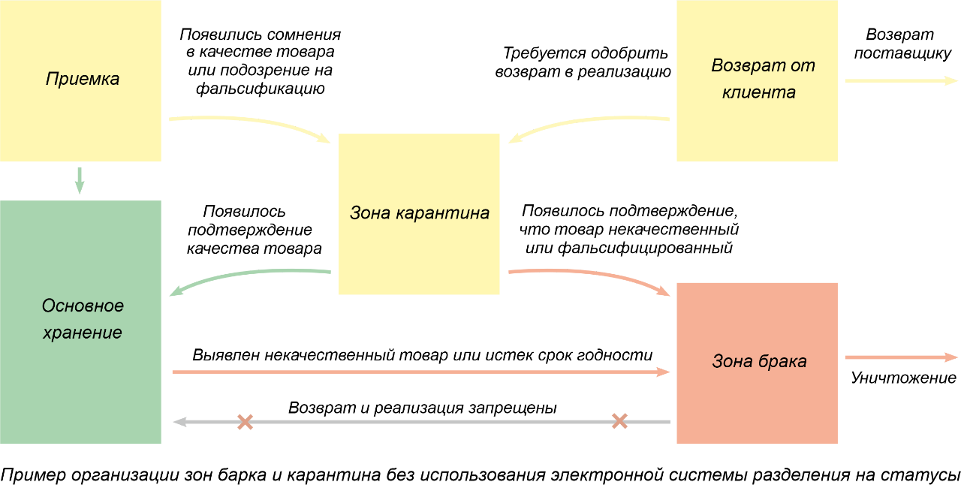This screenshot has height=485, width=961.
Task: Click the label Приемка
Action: pyautogui.click(x=83, y=79)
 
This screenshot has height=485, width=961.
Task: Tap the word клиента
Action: pyautogui.click(x=758, y=93)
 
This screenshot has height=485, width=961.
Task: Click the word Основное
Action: pyautogui.click(x=83, y=306)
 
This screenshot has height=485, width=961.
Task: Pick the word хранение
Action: pyautogui.click(x=83, y=333)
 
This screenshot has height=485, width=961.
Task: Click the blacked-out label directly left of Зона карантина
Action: pyautogui.click(x=252, y=218)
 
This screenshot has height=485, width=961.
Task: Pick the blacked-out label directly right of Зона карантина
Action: pyautogui.click(x=646, y=218)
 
